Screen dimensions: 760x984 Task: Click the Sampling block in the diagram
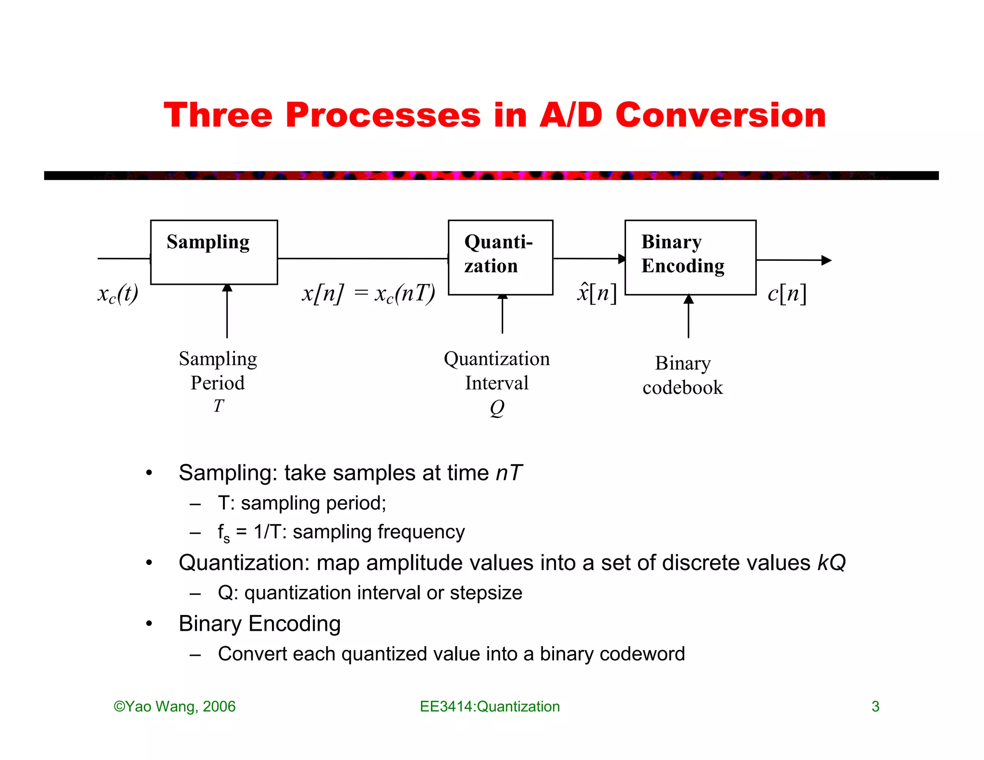click(214, 252)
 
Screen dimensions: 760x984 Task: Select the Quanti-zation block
click(500, 257)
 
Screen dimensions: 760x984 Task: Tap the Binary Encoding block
click(690, 257)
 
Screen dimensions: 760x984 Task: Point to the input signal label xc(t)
click(118, 294)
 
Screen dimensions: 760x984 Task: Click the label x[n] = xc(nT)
click(369, 294)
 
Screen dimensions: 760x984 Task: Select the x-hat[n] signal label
click(596, 293)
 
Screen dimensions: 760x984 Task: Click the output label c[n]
click(787, 293)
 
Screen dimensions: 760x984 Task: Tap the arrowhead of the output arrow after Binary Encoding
click(826, 260)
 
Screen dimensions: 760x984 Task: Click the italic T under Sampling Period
click(219, 406)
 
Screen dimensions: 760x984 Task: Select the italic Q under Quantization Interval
click(497, 408)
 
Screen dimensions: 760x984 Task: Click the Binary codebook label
click(683, 376)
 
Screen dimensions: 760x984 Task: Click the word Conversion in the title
click(720, 116)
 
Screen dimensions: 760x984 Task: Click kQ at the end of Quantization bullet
click(831, 563)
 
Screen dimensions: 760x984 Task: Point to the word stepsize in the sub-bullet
click(486, 593)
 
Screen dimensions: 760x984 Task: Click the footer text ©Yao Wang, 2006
click(174, 706)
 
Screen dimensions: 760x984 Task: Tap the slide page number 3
click(875, 706)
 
